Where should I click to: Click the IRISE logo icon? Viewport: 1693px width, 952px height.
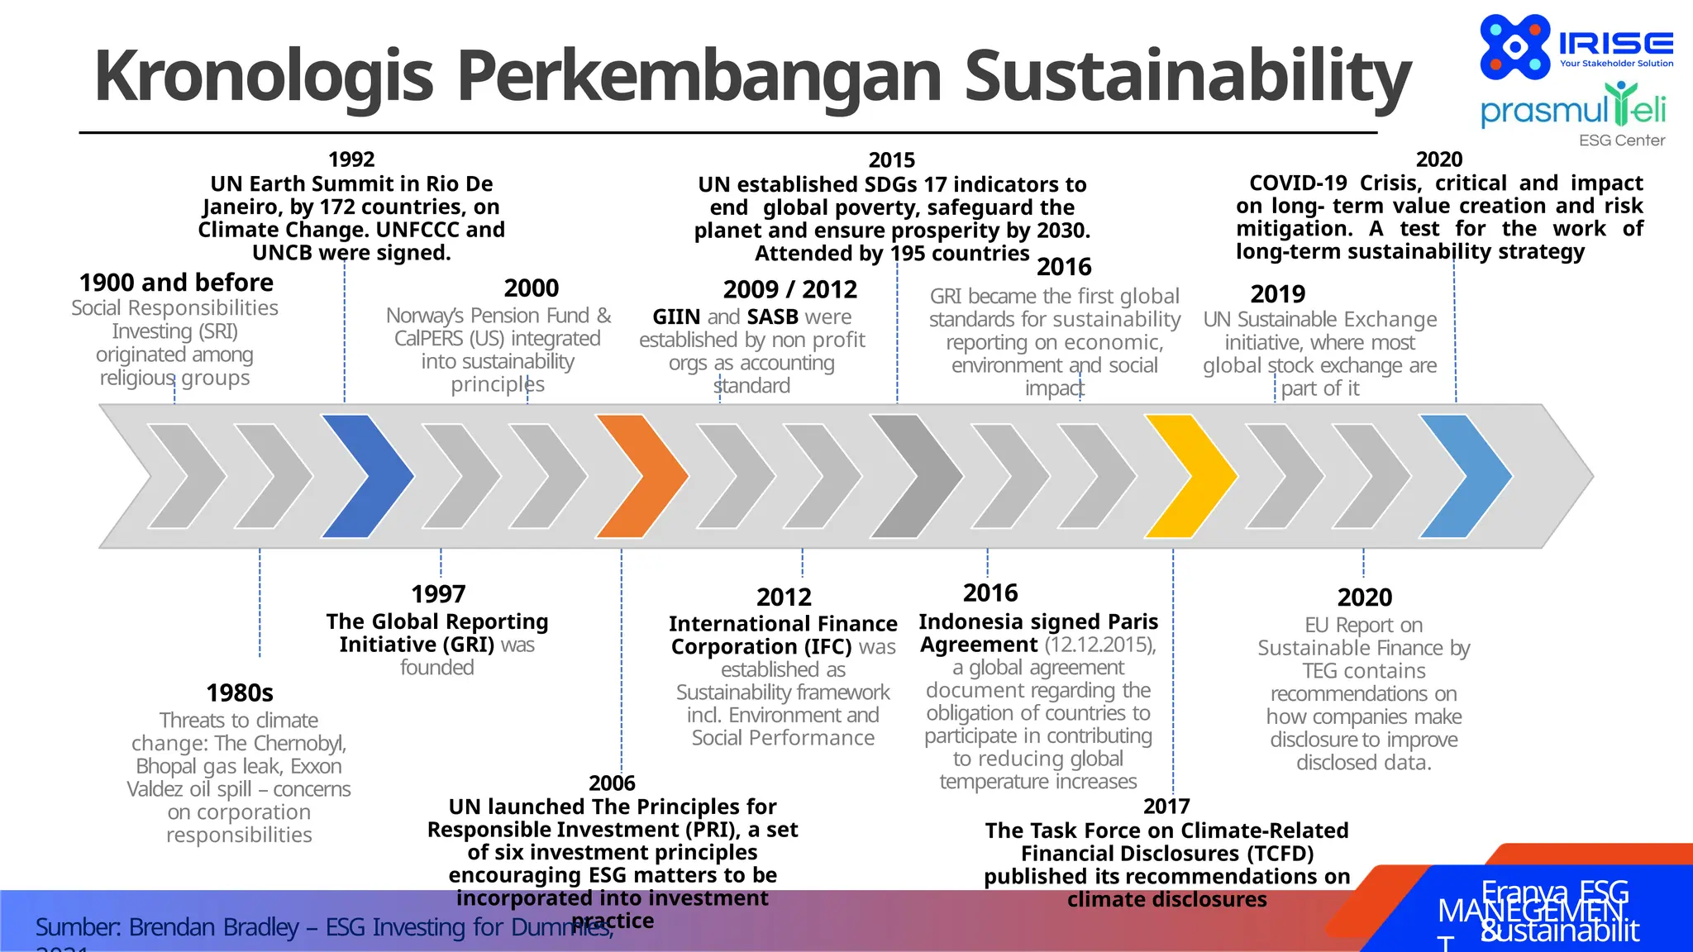click(1514, 47)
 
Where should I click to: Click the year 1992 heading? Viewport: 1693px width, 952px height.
click(351, 159)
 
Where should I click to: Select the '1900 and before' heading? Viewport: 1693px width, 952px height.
click(176, 283)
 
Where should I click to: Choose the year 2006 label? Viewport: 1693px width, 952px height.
click(612, 783)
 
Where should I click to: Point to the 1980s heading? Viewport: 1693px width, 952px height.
click(240, 693)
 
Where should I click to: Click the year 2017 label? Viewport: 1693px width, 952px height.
click(1166, 806)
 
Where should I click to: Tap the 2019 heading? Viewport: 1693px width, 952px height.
click(1277, 294)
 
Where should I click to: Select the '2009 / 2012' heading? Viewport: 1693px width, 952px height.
click(789, 289)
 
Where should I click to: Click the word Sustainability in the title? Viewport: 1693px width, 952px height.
click(1187, 76)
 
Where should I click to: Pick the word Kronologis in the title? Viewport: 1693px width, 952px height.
click(264, 76)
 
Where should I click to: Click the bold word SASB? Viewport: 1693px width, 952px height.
click(773, 317)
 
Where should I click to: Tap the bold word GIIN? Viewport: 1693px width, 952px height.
click(676, 317)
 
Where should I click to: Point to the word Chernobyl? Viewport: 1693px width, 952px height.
click(297, 743)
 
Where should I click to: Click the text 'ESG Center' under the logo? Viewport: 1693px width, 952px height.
click(1621, 140)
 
